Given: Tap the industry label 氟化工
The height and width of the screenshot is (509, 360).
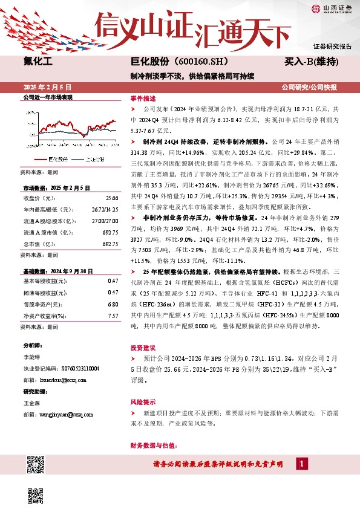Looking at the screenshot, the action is tap(38, 61).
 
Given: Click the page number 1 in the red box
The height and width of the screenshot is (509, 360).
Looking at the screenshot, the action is tap(301, 464).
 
